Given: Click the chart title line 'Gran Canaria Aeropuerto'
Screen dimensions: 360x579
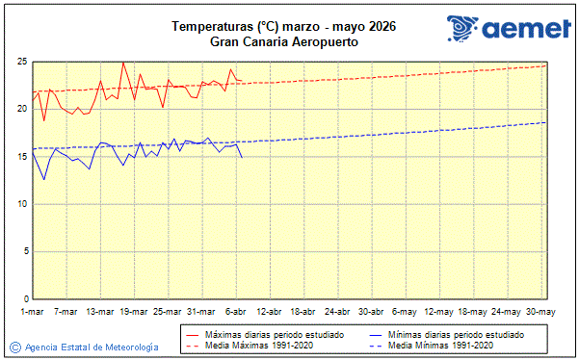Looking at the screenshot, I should (284, 41).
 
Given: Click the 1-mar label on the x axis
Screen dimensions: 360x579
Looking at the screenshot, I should (33, 312).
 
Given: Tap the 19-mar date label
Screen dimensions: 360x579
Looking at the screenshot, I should (134, 312).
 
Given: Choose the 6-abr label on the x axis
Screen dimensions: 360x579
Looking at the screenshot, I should (236, 312).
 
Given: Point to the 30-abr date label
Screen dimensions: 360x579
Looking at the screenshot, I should (372, 312).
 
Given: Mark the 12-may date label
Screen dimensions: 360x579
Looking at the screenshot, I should (439, 312).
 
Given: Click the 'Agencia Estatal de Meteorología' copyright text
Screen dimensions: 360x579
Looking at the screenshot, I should (91, 347).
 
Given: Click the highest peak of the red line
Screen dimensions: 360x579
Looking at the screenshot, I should (122, 63).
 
